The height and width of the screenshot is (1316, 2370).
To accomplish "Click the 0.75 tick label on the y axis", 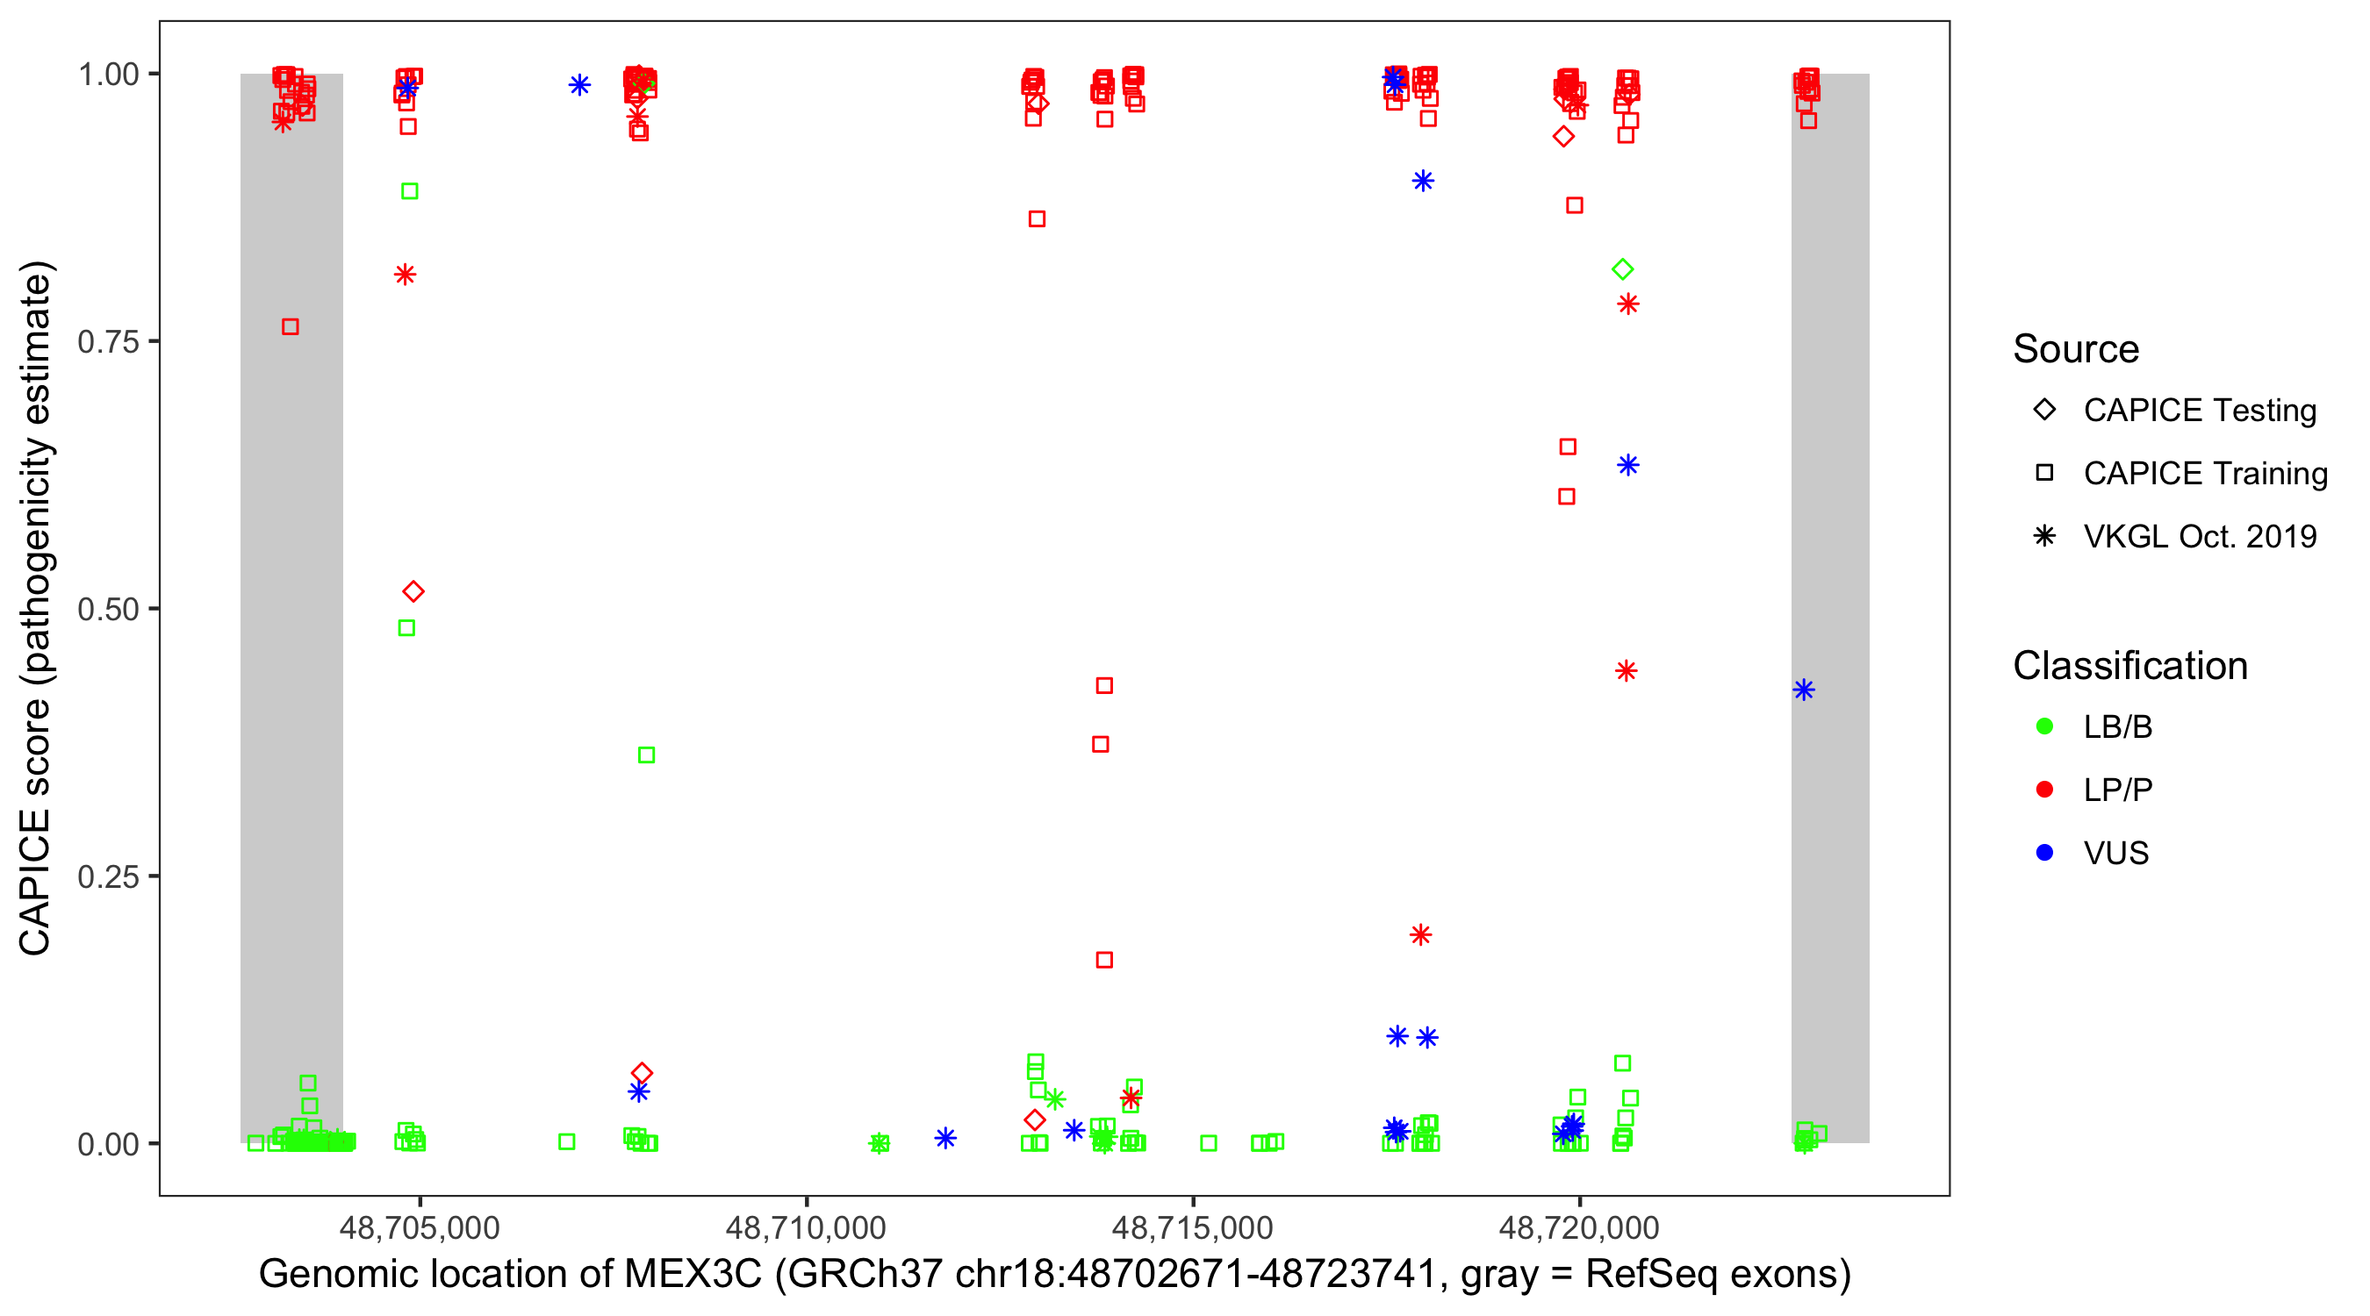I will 107,341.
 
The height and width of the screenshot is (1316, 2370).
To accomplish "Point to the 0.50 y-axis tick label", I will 107,609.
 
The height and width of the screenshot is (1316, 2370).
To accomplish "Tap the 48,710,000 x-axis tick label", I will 805,1227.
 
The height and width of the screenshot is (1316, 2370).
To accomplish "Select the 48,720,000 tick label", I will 1579,1227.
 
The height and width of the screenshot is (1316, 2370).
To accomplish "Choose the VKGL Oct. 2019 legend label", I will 2199,536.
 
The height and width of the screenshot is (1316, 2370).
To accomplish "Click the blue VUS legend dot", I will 2044,853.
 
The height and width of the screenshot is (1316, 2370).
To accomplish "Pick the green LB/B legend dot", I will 2044,726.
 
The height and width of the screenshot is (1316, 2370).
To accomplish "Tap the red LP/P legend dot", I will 2044,790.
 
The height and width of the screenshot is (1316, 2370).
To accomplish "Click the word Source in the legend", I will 2076,349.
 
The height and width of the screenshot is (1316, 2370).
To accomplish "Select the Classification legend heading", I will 2129,666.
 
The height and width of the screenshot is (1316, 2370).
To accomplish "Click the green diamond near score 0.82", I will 1622,269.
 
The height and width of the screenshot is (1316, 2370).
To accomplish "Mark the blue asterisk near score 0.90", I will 1422,181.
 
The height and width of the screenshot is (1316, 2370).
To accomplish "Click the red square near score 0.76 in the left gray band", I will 290,327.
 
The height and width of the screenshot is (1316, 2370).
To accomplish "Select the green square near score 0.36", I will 646,755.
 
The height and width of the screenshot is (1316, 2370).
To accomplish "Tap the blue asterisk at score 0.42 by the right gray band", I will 1803,690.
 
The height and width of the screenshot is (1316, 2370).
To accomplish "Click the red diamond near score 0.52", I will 413,591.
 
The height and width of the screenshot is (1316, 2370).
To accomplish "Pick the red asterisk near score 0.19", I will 1420,935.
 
